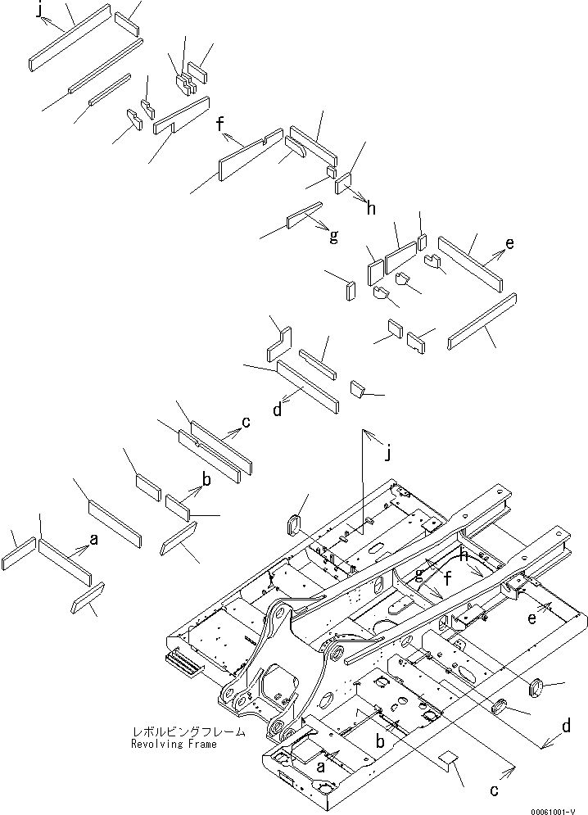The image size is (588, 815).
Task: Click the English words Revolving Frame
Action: tap(174, 745)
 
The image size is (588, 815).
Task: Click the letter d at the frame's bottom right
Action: tap(564, 725)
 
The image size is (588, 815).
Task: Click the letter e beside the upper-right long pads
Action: tap(510, 244)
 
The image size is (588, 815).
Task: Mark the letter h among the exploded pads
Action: tap(371, 208)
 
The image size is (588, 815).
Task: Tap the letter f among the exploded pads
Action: tap(220, 125)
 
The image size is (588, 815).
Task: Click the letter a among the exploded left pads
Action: tap(93, 540)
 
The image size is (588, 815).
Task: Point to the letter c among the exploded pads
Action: tap(245, 423)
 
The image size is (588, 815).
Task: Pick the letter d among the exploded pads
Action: tap(277, 410)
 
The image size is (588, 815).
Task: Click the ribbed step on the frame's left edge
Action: tap(183, 661)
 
